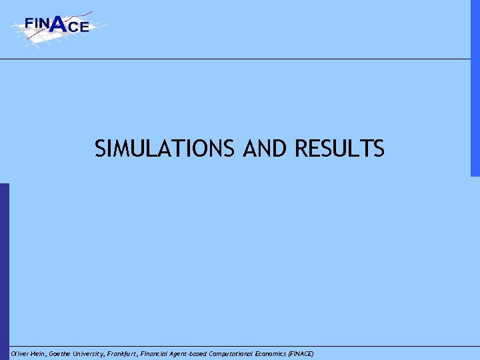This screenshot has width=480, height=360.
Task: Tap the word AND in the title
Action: [265, 149]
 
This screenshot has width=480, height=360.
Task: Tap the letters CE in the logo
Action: [78, 27]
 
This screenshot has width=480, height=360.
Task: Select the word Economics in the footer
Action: [287, 353]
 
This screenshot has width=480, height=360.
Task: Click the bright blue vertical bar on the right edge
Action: [475, 87]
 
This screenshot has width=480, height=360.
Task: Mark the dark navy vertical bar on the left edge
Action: [4, 267]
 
